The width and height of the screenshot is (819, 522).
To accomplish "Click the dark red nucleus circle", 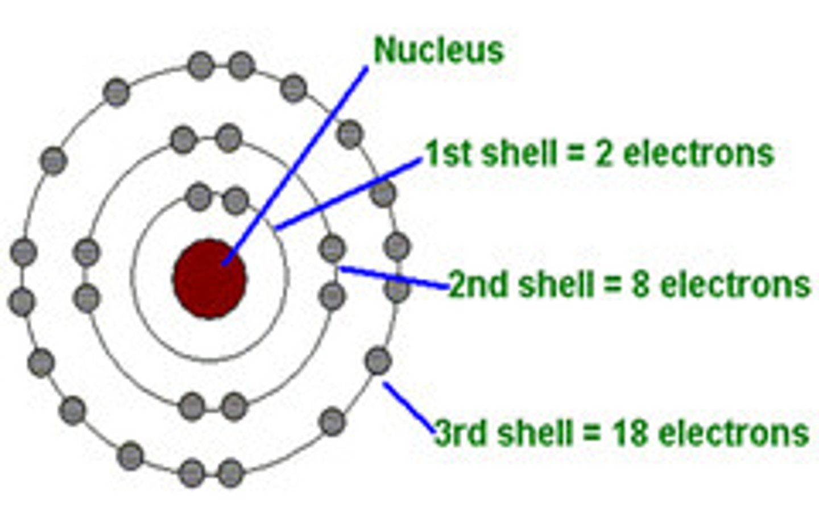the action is (210, 279).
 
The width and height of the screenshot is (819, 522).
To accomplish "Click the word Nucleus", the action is (439, 50).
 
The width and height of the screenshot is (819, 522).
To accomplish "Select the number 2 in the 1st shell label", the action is (603, 154).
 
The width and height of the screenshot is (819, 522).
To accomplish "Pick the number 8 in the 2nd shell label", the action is (640, 284).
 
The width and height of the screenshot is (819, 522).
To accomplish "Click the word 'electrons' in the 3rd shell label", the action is (733, 433).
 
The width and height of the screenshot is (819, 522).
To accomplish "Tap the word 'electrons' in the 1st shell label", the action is (699, 154).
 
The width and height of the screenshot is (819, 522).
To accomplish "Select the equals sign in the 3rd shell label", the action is (591, 434).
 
